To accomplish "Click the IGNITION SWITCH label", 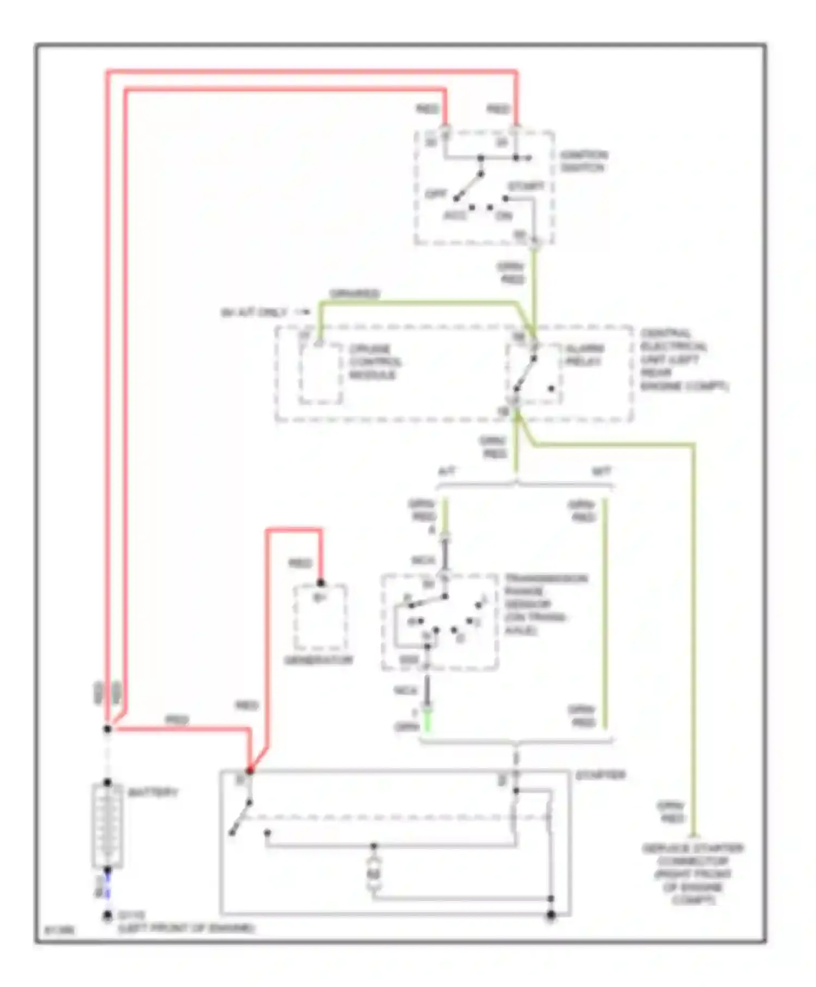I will coord(584,161).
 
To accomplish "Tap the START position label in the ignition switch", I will coord(526,187).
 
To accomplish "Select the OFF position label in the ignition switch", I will coord(435,194).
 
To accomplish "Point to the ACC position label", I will coord(455,216).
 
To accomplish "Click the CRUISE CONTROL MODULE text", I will coord(375,362).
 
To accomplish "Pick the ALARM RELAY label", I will coord(585,355).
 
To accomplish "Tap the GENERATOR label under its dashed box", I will coord(319,660).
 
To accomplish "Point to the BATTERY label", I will coord(153,793).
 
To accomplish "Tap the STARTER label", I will coord(601,775).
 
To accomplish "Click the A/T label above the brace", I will coord(447,471).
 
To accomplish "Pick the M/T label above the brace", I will coord(601,471).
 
